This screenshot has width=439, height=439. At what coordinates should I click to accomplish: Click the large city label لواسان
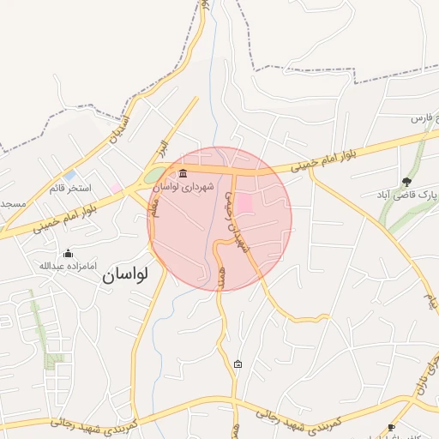pyautogui.click(x=125, y=275)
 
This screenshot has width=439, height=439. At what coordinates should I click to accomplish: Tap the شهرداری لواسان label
pyautogui.click(x=210, y=185)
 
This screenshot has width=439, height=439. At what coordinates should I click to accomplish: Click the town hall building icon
pyautogui.click(x=183, y=175)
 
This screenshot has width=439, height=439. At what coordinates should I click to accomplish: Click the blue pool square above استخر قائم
pyautogui.click(x=69, y=175)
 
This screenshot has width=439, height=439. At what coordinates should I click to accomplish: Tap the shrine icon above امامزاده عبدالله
pyautogui.click(x=69, y=253)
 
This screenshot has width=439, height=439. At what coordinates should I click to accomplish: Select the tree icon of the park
pyautogui.click(x=406, y=182)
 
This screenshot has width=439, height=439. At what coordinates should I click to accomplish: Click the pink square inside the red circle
pyautogui.click(x=244, y=204)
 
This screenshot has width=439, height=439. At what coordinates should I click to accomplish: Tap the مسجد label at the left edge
pyautogui.click(x=12, y=204)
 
